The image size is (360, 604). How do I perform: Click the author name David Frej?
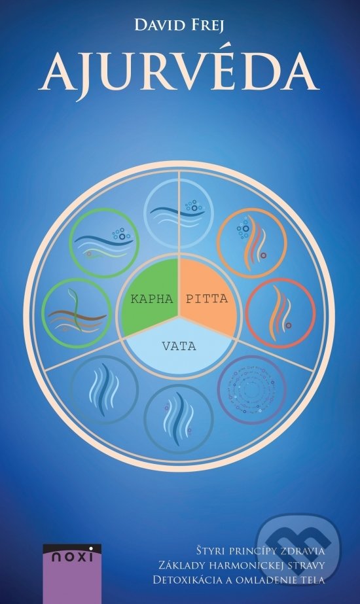pos(179,26)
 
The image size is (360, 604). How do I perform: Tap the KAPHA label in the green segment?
pos(152,299)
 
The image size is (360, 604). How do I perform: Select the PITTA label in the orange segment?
pos(207,299)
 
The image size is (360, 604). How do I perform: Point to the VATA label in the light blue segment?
pos(179,346)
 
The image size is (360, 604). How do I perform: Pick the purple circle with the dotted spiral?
pos(252,390)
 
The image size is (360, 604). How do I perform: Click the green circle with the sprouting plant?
pos(77,313)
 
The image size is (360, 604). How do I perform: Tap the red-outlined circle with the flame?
pos(281,313)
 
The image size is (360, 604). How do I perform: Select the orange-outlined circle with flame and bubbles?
pos(252,243)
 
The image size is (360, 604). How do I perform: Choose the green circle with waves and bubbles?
pos(104,243)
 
